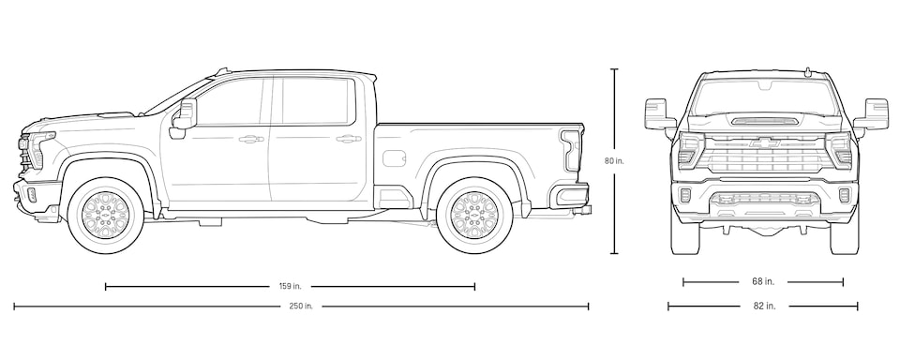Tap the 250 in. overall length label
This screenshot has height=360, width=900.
[x=301, y=306]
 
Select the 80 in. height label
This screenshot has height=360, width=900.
[x=614, y=161]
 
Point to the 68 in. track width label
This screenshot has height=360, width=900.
[x=763, y=281]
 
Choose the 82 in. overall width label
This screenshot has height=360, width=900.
[x=763, y=306]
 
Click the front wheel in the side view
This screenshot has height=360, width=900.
[x=105, y=216]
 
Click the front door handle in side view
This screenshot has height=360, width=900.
[x=250, y=140]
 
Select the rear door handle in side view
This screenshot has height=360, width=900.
[x=349, y=140]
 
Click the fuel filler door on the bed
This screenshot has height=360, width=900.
[x=393, y=157]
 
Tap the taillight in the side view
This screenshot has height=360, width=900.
[x=570, y=150]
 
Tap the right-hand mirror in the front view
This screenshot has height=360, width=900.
[x=876, y=113]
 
